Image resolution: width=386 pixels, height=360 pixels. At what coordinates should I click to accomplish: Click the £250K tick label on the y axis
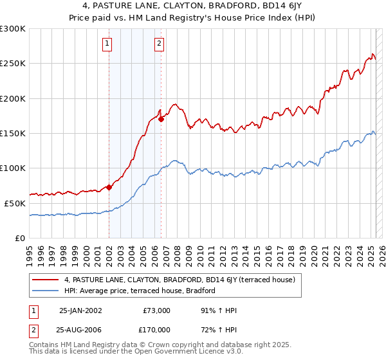(13, 64)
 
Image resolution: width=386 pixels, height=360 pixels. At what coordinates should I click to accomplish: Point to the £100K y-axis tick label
(13, 168)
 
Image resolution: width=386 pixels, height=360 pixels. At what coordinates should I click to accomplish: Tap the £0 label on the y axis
(20, 238)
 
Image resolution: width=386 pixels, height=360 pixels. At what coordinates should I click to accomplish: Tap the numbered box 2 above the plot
(159, 44)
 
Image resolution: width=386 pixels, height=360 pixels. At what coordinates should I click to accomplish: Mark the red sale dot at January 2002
(109, 187)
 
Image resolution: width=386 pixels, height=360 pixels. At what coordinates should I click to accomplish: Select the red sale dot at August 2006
(161, 119)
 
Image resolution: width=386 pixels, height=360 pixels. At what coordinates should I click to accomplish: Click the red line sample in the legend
(45, 280)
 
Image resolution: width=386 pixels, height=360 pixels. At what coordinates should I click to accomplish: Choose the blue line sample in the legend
(45, 291)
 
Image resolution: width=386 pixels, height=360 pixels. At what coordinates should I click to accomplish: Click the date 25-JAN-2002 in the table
(80, 310)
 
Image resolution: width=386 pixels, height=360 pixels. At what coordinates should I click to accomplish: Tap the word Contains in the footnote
(44, 345)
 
